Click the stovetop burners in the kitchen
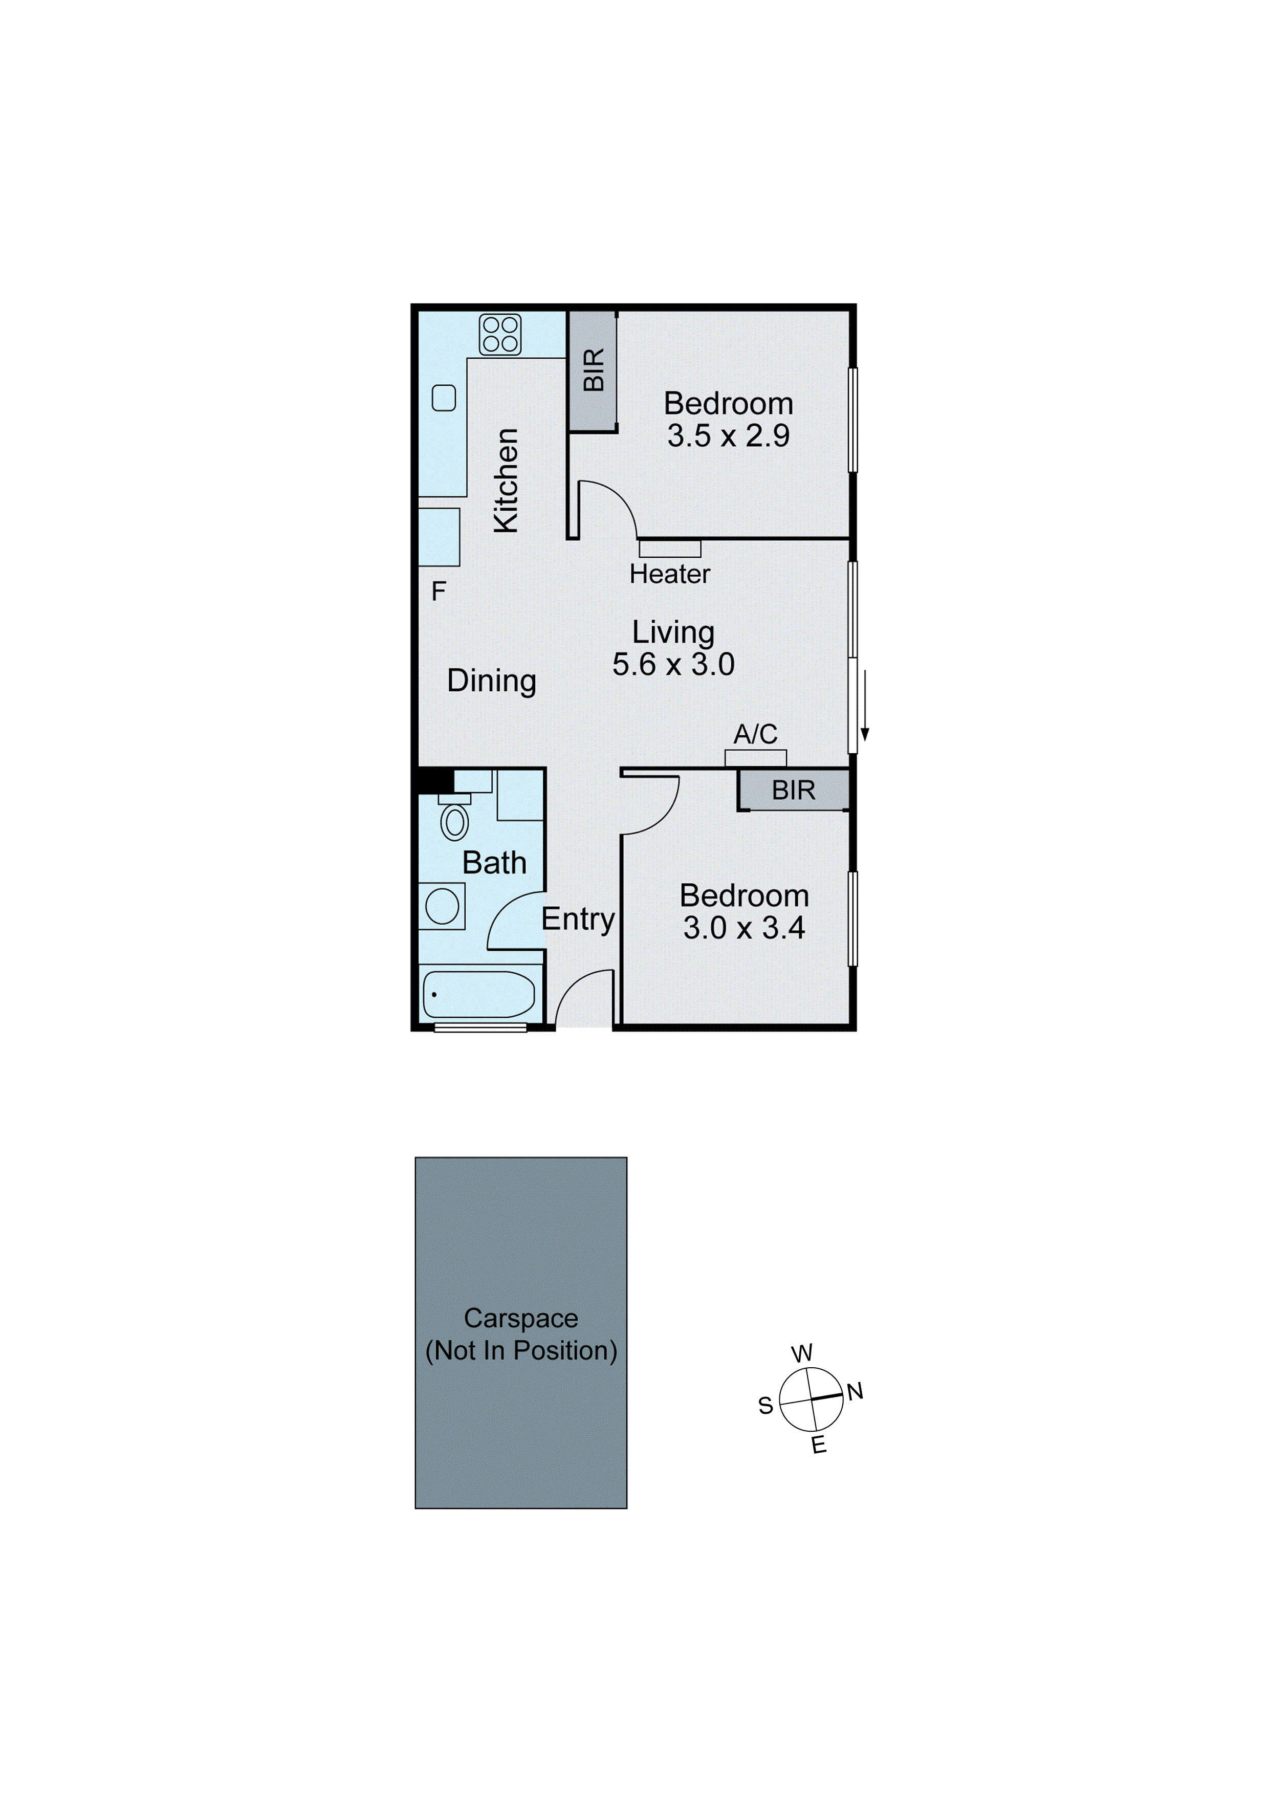[499, 335]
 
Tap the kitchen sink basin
[444, 398]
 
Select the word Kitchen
[507, 481]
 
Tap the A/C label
[755, 734]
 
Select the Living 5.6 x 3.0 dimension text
[673, 665]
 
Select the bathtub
[478, 994]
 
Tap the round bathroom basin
[443, 907]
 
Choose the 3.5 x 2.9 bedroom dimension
[728, 435]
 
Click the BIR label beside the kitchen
[594, 370]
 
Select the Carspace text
[521, 1318]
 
